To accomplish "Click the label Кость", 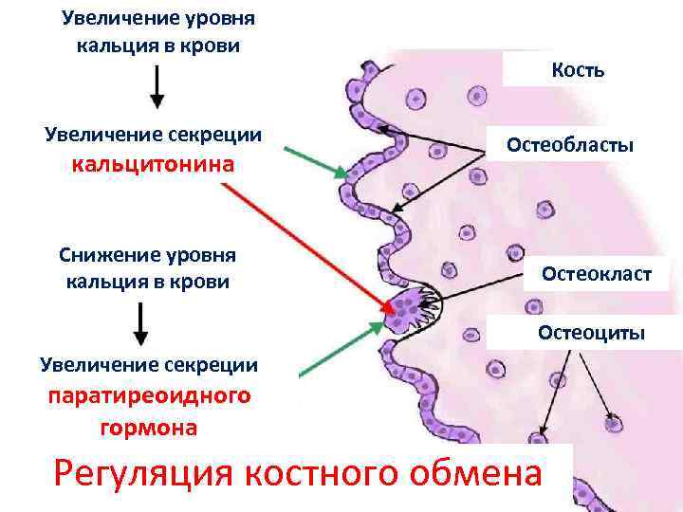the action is (578, 70).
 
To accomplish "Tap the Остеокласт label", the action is (597, 274).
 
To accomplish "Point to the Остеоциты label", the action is (591, 332).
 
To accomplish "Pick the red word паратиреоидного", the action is (150, 395).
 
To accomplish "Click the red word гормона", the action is (149, 428).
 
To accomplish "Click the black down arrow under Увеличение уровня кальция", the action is (157, 88).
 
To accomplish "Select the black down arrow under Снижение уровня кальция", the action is (141, 323).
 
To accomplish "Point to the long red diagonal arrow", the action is (304, 243).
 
